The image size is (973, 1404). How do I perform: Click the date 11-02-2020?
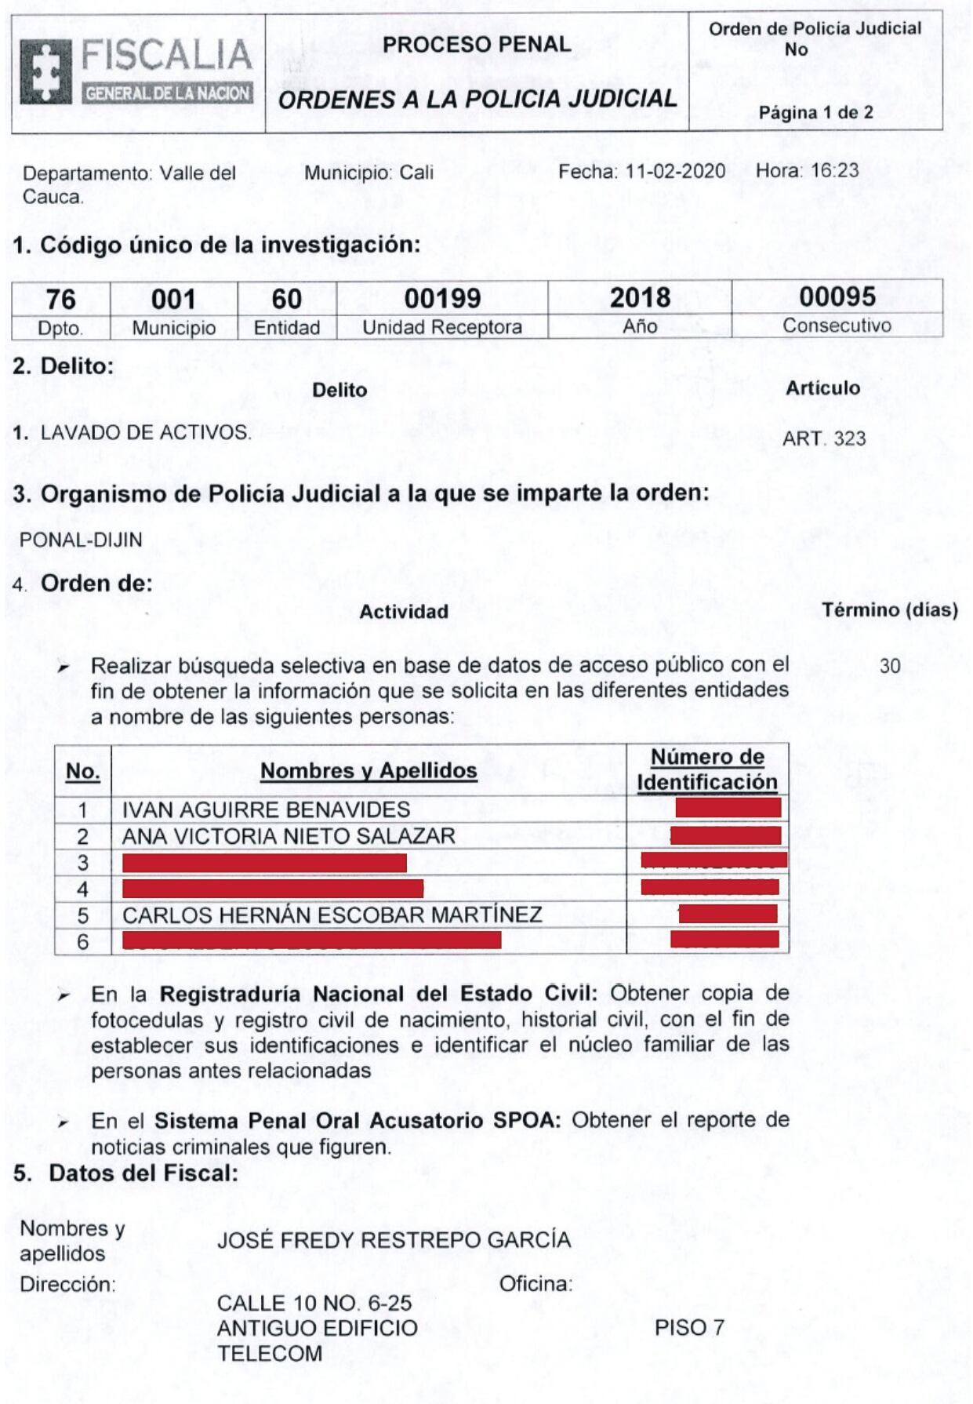pyautogui.click(x=676, y=171)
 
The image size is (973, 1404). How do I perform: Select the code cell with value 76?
pyautogui.click(x=61, y=299)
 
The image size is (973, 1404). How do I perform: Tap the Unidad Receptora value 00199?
pyautogui.click(x=442, y=299)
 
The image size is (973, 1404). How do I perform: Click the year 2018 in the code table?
pyautogui.click(x=640, y=298)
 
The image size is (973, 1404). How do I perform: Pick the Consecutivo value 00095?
pyautogui.click(x=837, y=296)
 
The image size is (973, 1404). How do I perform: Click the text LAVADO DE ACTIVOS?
pyautogui.click(x=146, y=432)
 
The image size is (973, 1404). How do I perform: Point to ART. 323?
pyautogui.click(x=824, y=438)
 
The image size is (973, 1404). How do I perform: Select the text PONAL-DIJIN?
pyautogui.click(x=81, y=540)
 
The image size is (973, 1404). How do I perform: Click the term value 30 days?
pyautogui.click(x=890, y=666)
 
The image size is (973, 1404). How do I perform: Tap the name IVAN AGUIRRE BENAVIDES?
pyautogui.click(x=266, y=809)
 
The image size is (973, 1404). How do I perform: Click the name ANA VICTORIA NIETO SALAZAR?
pyautogui.click(x=289, y=836)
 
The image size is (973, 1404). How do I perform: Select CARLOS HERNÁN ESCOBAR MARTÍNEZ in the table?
pyautogui.click(x=332, y=915)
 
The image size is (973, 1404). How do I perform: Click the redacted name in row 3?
pyautogui.click(x=265, y=863)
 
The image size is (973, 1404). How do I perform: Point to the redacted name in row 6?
pyautogui.click(x=312, y=940)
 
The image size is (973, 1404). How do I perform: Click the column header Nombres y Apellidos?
pyautogui.click(x=369, y=771)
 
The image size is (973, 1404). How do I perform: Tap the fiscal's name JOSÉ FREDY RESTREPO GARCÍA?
pyautogui.click(x=394, y=1240)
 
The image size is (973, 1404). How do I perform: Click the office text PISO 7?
pyautogui.click(x=689, y=1328)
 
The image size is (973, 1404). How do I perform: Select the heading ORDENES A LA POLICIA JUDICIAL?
pyautogui.click(x=477, y=100)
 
